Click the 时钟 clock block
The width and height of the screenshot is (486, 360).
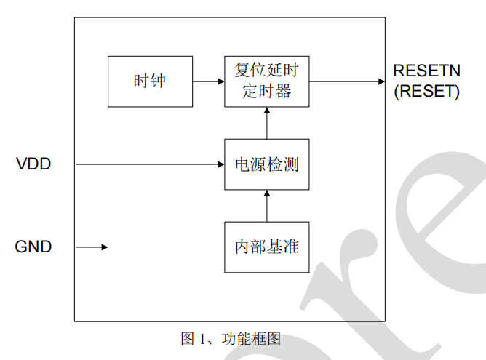tap(150, 81)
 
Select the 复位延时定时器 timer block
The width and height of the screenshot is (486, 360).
tap(267, 81)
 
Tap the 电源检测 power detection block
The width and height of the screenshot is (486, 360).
tap(267, 164)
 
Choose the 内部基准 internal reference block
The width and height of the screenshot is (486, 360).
tap(267, 247)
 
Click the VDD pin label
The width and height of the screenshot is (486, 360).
tap(33, 164)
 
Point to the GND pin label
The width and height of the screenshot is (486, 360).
tap(33, 247)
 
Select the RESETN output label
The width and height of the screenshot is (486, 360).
tap(426, 71)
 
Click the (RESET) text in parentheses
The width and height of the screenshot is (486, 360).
tap(426, 92)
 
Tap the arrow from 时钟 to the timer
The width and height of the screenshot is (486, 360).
tap(209, 81)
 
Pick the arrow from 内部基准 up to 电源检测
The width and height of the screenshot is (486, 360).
tap(267, 206)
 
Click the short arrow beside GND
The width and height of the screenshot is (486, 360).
tap(92, 247)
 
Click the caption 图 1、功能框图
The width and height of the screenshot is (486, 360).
tap(231, 339)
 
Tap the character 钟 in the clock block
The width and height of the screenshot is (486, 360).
tap(159, 81)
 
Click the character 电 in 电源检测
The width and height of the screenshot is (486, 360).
tap(242, 164)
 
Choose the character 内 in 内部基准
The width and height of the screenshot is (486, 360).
tap(242, 247)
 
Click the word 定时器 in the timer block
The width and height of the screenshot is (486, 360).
tap(267, 91)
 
